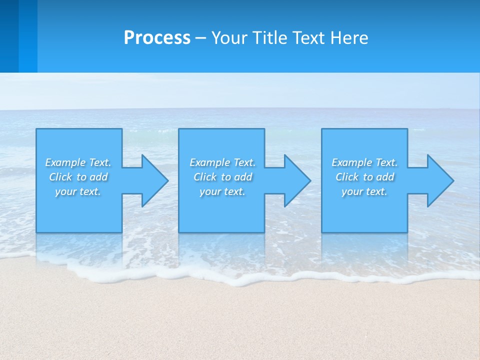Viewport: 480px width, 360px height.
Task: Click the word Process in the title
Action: click(x=157, y=38)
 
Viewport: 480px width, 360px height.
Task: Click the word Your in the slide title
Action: click(x=230, y=38)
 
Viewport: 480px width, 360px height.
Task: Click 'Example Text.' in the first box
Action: click(x=78, y=162)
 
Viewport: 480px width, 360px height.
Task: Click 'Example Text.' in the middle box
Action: click(x=222, y=162)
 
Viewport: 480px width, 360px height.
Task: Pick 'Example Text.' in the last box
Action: click(x=364, y=162)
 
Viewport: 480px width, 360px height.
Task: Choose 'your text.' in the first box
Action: click(x=78, y=191)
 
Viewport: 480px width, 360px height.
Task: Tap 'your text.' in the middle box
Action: click(x=222, y=191)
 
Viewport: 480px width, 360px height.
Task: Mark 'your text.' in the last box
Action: click(x=364, y=191)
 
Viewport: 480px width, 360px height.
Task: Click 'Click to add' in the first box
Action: click(x=78, y=177)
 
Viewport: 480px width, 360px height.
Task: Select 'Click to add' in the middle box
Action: click(x=222, y=177)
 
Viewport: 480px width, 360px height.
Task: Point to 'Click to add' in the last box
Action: click(x=364, y=177)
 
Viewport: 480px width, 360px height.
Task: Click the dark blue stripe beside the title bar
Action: click(x=9, y=36)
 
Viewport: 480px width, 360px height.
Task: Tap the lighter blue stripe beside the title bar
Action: click(x=28, y=36)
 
